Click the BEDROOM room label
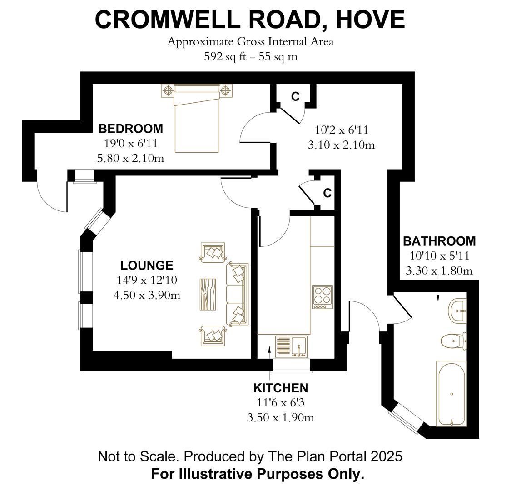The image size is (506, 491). tap(130, 129)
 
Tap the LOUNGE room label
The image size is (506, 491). tap(147, 266)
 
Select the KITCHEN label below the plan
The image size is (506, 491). tap(280, 388)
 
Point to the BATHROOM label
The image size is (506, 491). tap(439, 241)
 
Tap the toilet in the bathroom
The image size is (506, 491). tap(453, 340)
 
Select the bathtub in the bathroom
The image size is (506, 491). tap(451, 394)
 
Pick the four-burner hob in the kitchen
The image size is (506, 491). tap(322, 297)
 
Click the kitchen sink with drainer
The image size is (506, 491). tap(291, 347)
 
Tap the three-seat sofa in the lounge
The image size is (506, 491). tap(238, 294)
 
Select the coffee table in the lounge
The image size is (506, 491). tap(208, 294)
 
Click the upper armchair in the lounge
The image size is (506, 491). tap(212, 252)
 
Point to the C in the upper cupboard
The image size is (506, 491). tap(295, 96)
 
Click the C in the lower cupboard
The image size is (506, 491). tap(327, 193)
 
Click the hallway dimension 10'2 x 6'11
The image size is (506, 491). tap(341, 130)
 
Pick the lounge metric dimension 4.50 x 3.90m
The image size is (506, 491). tap(147, 295)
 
